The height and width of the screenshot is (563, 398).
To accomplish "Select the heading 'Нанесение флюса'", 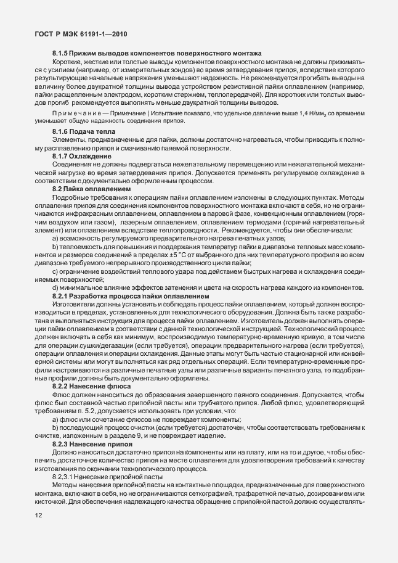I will pyautogui.click(x=99, y=385).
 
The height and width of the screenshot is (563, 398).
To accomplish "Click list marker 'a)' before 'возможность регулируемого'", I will pyautogui.click(x=55, y=237).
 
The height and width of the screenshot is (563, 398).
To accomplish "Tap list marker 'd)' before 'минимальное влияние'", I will pyautogui.click(x=55, y=288).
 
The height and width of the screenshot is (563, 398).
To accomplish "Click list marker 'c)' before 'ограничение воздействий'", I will pyautogui.click(x=55, y=271).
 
